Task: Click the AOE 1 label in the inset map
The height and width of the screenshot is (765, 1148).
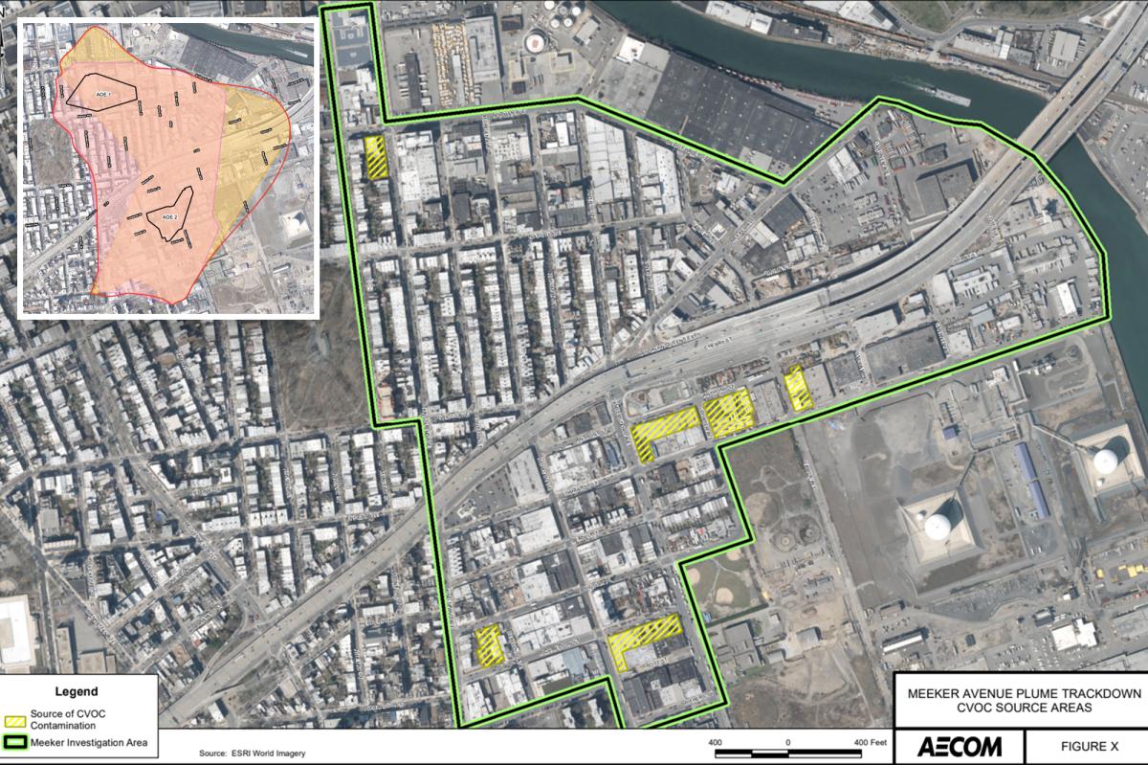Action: tap(102, 94)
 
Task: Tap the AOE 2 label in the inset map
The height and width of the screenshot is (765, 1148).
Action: tap(169, 217)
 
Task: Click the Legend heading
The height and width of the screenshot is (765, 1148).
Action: tap(76, 691)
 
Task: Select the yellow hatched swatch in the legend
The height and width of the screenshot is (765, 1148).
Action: tap(15, 714)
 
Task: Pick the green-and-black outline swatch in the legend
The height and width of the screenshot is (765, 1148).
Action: tap(15, 741)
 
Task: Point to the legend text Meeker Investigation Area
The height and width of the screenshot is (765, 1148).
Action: tap(87, 741)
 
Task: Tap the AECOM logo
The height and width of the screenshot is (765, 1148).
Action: tap(960, 747)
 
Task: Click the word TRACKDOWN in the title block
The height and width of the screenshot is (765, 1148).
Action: tap(1094, 693)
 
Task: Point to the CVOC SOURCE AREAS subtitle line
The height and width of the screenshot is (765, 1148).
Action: tap(1021, 708)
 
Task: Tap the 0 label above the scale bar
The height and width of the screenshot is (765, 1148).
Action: tap(788, 742)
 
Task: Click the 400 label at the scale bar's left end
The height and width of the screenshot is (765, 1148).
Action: tap(716, 742)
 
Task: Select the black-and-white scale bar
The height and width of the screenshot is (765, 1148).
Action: tap(788, 754)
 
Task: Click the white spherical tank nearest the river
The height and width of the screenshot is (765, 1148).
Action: tap(1106, 461)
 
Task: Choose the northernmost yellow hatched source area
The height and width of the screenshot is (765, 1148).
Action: tap(375, 156)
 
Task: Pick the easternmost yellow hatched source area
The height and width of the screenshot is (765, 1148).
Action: tap(797, 388)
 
